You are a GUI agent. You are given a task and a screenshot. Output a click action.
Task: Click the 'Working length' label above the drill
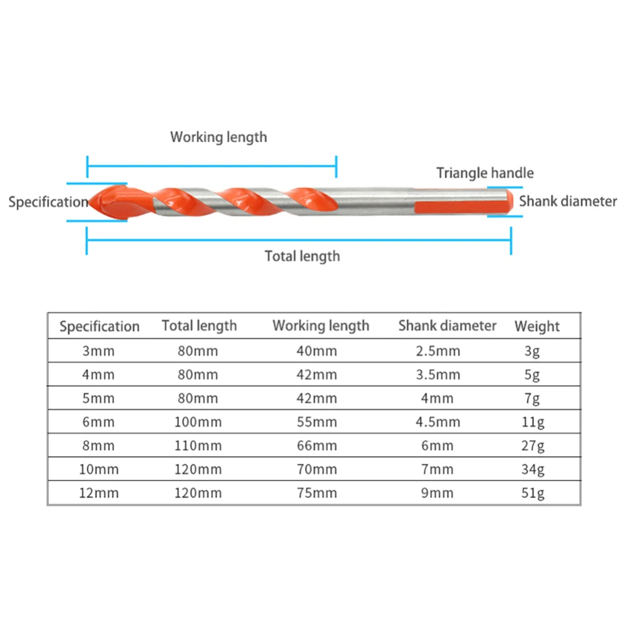click(218, 136)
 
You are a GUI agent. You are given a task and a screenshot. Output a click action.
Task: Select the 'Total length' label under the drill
click(302, 255)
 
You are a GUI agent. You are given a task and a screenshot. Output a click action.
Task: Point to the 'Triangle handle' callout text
click(485, 173)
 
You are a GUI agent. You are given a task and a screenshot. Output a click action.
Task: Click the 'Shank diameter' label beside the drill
click(568, 201)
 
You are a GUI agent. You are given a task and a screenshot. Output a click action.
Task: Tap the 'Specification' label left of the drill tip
click(48, 202)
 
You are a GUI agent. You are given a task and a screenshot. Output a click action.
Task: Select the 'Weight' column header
click(537, 326)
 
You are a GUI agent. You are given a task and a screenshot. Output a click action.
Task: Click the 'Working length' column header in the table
click(321, 326)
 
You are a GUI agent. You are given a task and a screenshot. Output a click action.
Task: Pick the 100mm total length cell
click(197, 422)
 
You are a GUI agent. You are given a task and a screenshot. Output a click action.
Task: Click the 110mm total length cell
click(197, 446)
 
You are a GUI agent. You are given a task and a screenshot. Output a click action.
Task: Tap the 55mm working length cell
click(317, 422)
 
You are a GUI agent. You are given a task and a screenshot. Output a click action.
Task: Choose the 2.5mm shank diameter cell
click(438, 351)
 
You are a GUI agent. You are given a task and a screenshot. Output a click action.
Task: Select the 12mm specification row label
click(99, 493)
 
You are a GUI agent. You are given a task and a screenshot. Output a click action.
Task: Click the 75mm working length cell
click(317, 493)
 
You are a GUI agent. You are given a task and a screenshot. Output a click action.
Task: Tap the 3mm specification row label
click(99, 351)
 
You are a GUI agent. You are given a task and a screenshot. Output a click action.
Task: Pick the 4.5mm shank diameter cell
click(438, 422)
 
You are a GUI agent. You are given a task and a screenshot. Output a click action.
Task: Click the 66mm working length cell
click(317, 446)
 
